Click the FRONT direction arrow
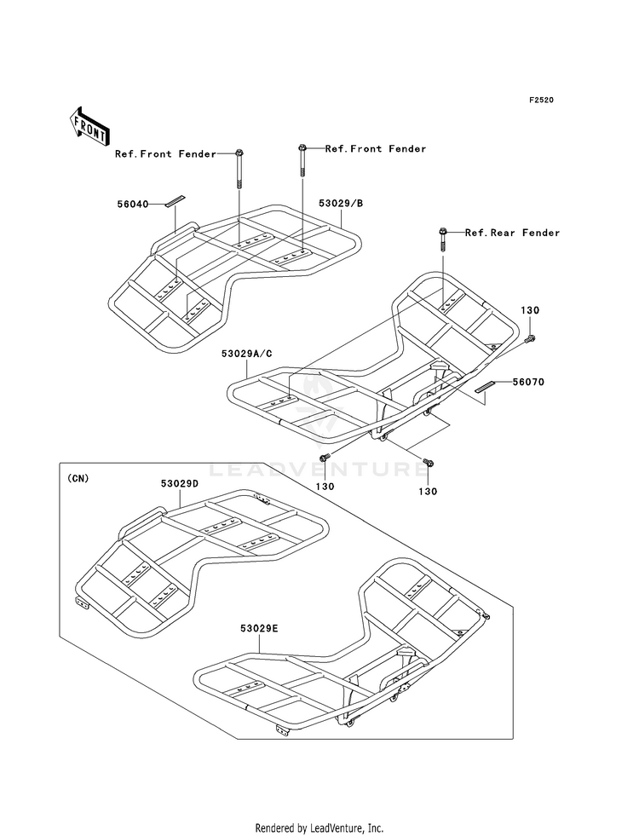tap(89, 127)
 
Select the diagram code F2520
tap(541, 100)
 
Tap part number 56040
tap(133, 204)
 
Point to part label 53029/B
tap(341, 203)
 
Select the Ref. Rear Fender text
tap(513, 233)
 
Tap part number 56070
tap(529, 382)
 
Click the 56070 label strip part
tap(486, 387)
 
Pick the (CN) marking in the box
tap(78, 478)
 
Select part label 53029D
tap(180, 483)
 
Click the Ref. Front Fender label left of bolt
tap(166, 154)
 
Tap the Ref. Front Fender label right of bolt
tap(376, 149)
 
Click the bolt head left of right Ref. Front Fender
tap(302, 147)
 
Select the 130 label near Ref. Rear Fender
tap(530, 310)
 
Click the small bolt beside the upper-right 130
tap(530, 338)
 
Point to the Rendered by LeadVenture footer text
tap(319, 827)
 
